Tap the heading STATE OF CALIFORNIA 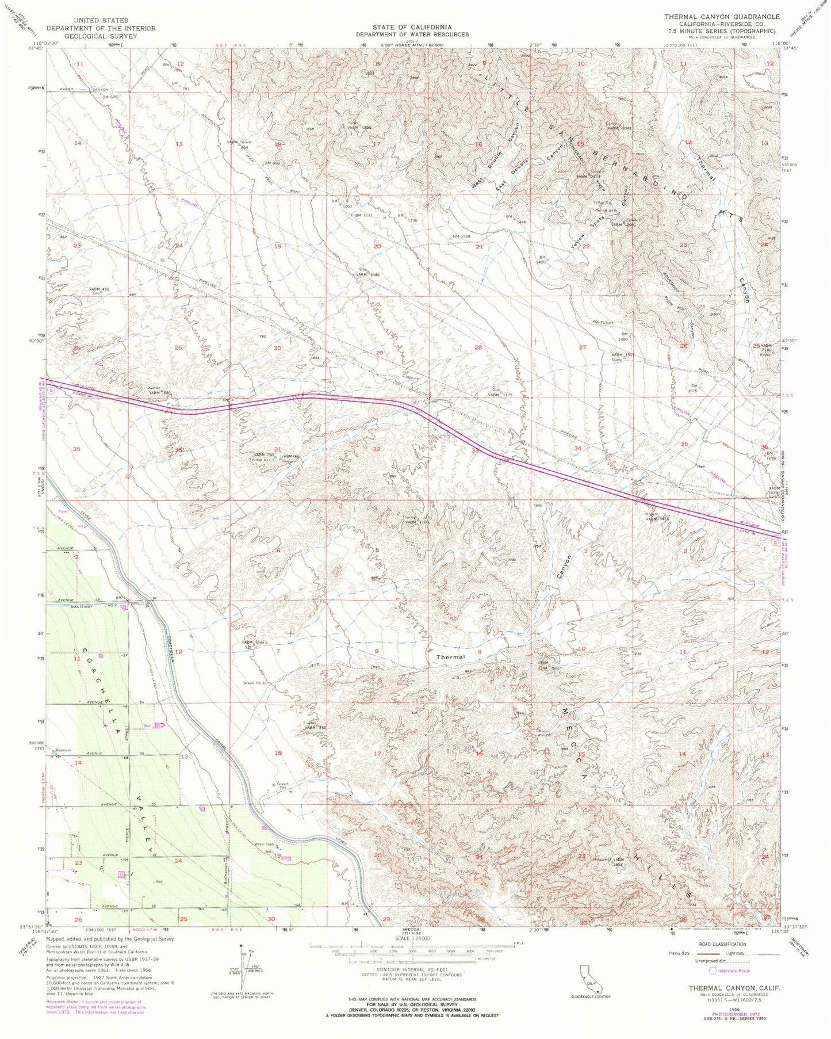411,27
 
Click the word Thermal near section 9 450,656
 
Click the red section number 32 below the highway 377,449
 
